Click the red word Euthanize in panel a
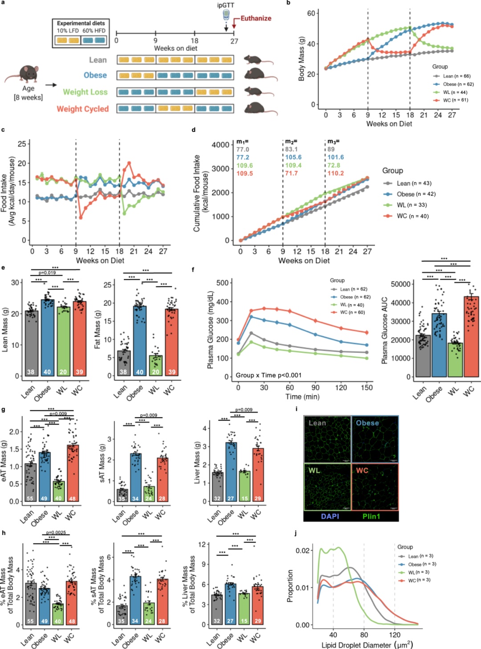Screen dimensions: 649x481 pos(256,18)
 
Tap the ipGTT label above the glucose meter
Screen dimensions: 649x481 pos(226,5)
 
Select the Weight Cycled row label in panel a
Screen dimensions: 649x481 pos(82,109)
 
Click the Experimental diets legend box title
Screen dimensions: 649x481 pos(81,23)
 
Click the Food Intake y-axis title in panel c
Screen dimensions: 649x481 pos(8,191)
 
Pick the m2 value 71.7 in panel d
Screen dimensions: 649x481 pos(291,173)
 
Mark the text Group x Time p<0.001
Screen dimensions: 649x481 pos(269,375)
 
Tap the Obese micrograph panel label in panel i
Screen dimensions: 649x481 pos(367,423)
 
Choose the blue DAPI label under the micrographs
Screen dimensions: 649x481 pos(330,516)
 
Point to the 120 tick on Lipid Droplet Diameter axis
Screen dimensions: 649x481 pos(395,635)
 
